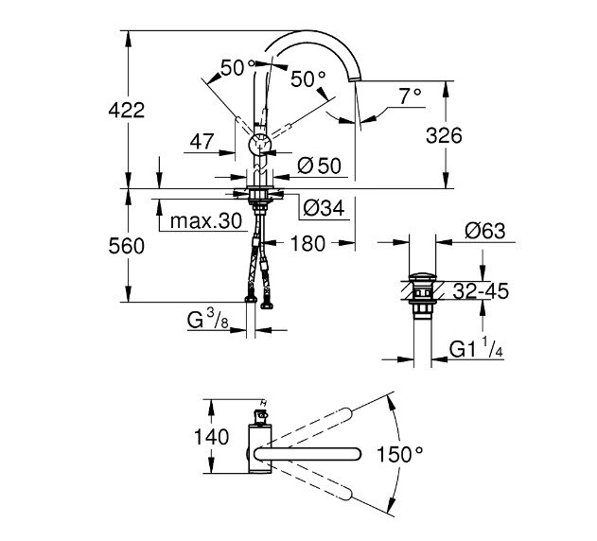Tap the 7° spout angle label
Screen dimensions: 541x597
(410, 96)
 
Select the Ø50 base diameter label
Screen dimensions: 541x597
(317, 165)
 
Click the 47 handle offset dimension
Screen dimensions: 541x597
(201, 142)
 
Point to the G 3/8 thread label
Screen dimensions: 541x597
(205, 322)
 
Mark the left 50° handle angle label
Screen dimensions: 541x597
(237, 67)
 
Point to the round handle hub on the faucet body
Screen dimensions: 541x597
(258, 145)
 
